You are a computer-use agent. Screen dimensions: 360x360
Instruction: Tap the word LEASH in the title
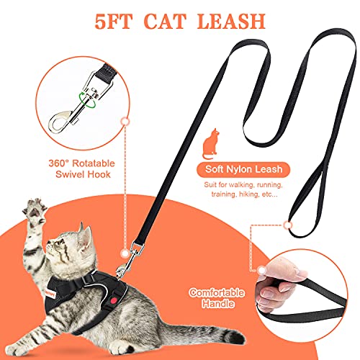pos(256,20)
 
